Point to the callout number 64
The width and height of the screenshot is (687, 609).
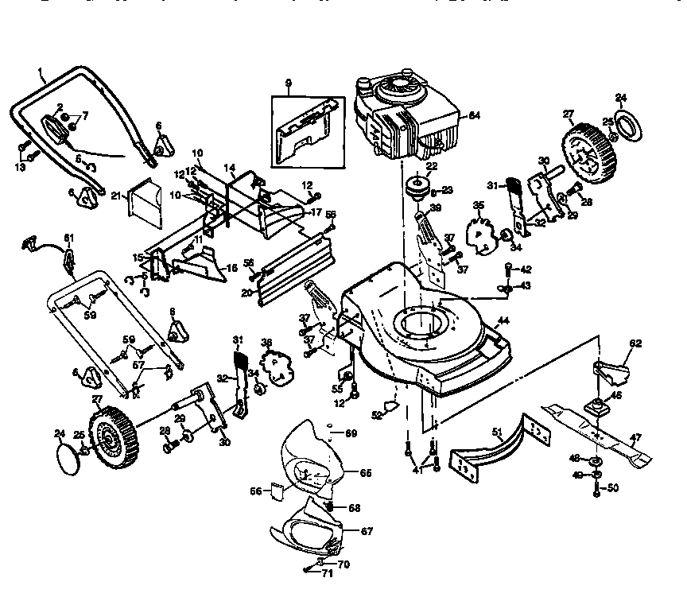click(x=474, y=116)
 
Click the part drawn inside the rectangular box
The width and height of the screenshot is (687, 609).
click(x=305, y=131)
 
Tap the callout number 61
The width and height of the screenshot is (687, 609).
click(x=69, y=238)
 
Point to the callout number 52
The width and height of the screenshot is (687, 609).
click(x=378, y=414)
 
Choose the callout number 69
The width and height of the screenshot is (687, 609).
click(x=351, y=433)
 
